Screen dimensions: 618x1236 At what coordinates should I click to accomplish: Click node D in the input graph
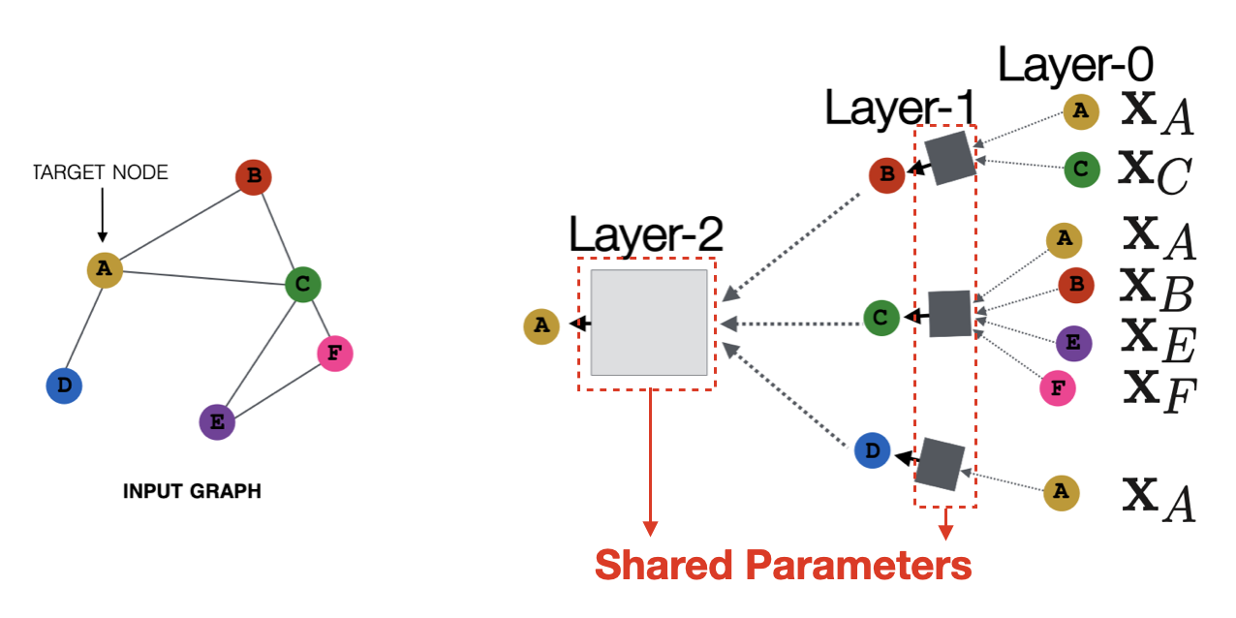(x=64, y=386)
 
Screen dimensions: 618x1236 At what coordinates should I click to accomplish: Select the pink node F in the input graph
(x=334, y=354)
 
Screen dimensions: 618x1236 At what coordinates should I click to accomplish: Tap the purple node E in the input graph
(x=216, y=422)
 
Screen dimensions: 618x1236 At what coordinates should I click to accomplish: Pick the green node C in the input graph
(x=302, y=284)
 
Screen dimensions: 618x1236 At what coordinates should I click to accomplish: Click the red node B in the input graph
(x=253, y=176)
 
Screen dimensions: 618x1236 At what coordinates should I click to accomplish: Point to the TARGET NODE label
(x=101, y=172)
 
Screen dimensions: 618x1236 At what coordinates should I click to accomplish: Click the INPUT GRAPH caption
(x=192, y=491)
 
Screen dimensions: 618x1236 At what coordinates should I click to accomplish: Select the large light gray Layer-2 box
(x=648, y=323)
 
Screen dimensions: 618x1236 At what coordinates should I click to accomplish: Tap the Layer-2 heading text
(x=645, y=235)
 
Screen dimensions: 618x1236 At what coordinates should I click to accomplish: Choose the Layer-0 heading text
(x=1075, y=66)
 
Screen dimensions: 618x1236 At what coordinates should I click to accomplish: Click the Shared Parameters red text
(x=783, y=565)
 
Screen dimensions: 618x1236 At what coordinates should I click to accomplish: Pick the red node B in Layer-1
(x=886, y=175)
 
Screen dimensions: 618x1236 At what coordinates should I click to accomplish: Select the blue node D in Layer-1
(x=872, y=450)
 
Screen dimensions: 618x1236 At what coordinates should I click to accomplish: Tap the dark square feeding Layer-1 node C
(x=949, y=313)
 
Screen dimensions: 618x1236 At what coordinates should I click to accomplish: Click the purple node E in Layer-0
(x=1073, y=342)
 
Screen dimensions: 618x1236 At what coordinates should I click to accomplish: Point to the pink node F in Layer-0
(x=1057, y=389)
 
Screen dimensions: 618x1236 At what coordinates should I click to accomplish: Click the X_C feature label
(x=1153, y=170)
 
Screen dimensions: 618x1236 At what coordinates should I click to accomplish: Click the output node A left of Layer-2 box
(x=541, y=326)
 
